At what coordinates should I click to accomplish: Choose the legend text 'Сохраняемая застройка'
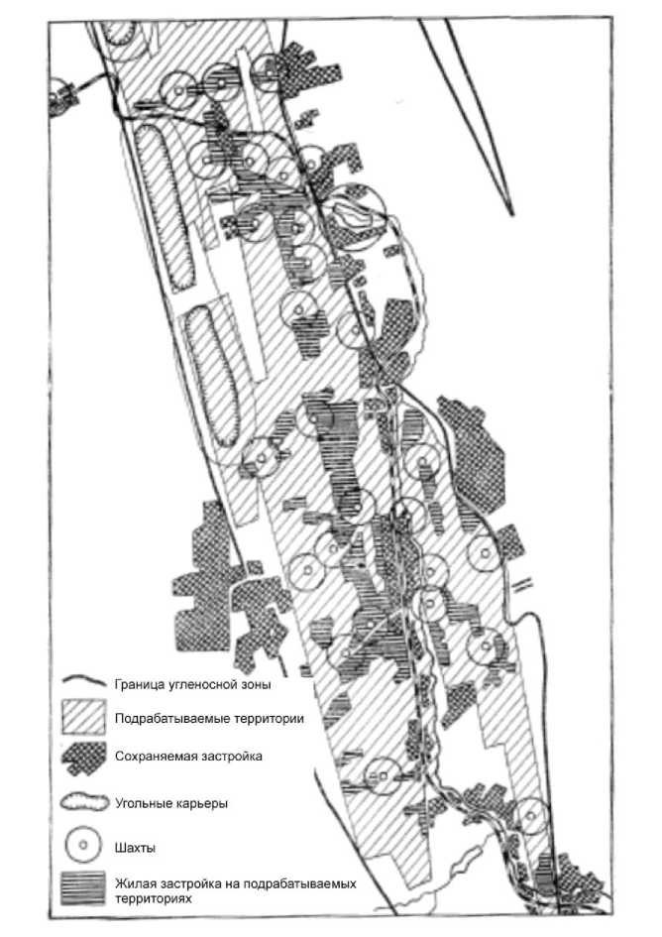[188, 756]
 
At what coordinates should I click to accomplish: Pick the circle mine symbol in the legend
[84, 846]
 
